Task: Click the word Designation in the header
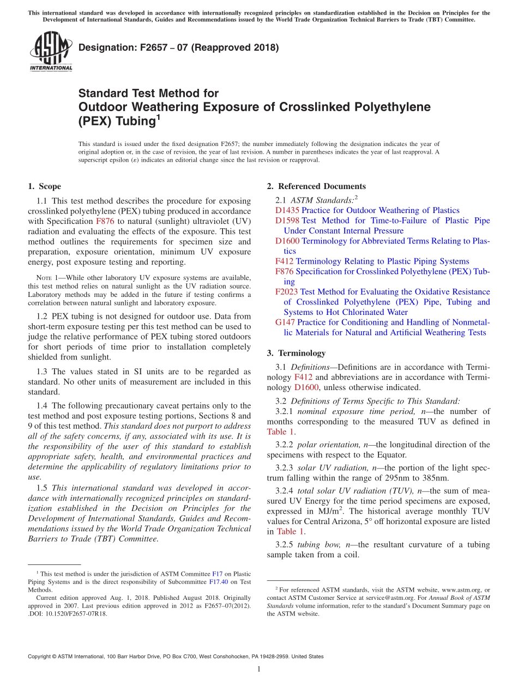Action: pos(105,47)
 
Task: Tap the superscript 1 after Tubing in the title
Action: pos(159,117)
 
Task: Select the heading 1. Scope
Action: pos(44,186)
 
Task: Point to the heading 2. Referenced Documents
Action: pos(316,186)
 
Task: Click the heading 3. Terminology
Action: pos(302,353)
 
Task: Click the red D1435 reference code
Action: pos(287,210)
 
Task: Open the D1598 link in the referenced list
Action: pos(287,221)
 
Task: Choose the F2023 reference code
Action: pos(287,292)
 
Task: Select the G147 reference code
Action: pos(285,323)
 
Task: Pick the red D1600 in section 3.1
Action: pos(306,387)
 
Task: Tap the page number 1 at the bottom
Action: pos(259,670)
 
